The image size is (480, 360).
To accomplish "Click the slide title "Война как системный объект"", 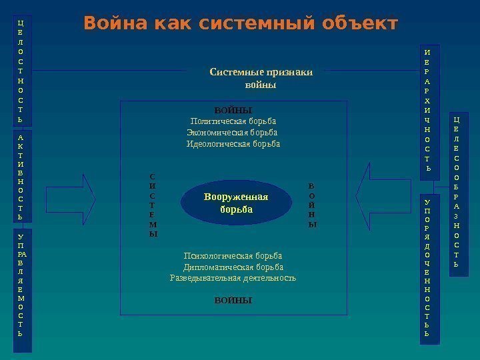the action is click(240, 25).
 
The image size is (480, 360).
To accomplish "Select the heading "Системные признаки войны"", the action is click(261, 79).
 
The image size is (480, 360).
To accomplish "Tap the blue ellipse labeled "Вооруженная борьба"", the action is click(237, 203).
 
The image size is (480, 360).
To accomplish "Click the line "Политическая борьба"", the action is click(233, 121).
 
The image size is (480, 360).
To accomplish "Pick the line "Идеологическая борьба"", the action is click(233, 144).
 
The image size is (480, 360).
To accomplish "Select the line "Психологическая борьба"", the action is click(233, 256).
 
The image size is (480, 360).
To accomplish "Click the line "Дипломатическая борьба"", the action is click(233, 267).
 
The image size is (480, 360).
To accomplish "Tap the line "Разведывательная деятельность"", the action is click(233, 278).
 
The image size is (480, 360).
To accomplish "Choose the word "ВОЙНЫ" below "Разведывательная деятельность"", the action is click(233, 301).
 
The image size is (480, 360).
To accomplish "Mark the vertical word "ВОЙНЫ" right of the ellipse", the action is click(312, 206).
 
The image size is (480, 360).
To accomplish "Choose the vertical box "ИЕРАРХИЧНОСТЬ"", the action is click(427, 109).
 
